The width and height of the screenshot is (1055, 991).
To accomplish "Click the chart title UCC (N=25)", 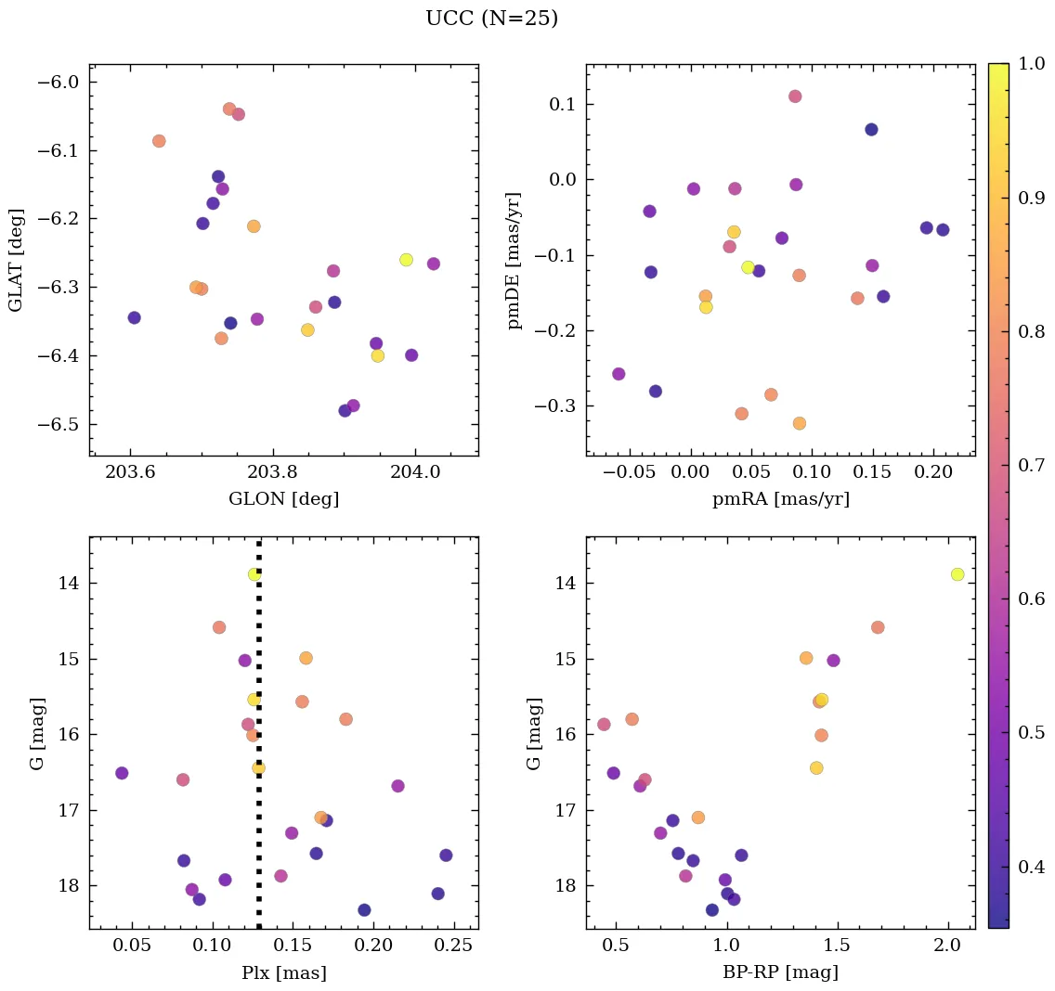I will tap(491, 19).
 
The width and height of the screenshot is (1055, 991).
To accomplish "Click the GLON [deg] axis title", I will tap(283, 499).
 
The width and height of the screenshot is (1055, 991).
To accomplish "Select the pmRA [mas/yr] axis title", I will tap(780, 499).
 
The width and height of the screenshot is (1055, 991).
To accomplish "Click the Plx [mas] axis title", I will tap(283, 972).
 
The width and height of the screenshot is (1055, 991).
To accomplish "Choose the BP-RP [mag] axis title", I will tap(780, 972).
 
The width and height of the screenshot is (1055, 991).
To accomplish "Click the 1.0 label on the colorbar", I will tap(1032, 64).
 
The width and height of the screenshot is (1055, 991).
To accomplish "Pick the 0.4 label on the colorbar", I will tap(1032, 867).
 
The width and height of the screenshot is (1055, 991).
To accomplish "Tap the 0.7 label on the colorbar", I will tap(1032, 465).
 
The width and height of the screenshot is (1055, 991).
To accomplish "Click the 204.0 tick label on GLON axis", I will tap(415, 472).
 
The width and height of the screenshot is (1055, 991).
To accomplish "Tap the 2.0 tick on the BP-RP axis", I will tap(947, 946).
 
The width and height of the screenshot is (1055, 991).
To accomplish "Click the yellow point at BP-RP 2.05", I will tap(957, 574).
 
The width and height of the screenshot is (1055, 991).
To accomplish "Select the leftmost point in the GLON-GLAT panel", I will tap(134, 317).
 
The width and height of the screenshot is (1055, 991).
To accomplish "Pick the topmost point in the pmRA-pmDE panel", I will tap(795, 97).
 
